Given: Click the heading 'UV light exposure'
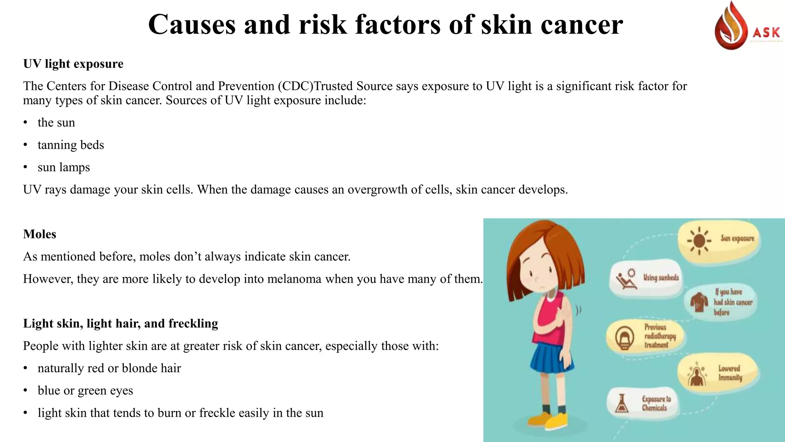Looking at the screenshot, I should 73,64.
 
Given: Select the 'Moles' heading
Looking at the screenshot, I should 39,234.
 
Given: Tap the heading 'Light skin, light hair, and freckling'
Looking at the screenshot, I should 120,323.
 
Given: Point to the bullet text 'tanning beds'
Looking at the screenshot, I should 71,145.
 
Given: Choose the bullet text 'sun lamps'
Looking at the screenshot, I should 64,167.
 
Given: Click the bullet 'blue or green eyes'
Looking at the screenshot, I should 85,391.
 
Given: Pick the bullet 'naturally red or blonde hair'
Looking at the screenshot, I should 109,368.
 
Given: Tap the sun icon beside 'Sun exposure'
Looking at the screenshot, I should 699,241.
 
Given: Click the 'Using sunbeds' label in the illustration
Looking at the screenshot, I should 661,277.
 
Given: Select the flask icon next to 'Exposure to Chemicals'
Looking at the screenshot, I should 622,404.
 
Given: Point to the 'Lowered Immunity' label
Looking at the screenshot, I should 730,373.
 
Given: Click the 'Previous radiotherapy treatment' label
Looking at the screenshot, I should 660,336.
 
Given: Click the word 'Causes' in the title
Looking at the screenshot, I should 192,25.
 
